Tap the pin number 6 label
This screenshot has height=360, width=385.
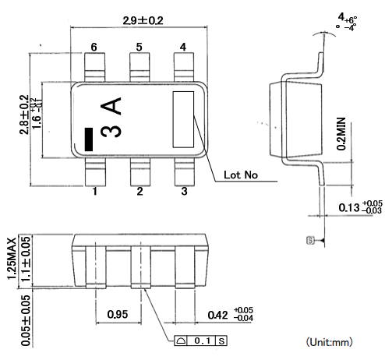click(x=94, y=48)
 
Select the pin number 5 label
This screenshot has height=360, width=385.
click(x=140, y=48)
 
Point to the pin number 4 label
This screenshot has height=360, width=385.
click(x=183, y=48)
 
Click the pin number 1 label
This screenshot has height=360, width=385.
click(x=94, y=191)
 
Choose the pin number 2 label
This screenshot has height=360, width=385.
click(x=140, y=191)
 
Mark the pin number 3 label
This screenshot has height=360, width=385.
click(x=184, y=191)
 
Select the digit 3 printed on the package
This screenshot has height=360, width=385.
click(x=114, y=131)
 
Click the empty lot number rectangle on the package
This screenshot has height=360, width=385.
click(x=183, y=119)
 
